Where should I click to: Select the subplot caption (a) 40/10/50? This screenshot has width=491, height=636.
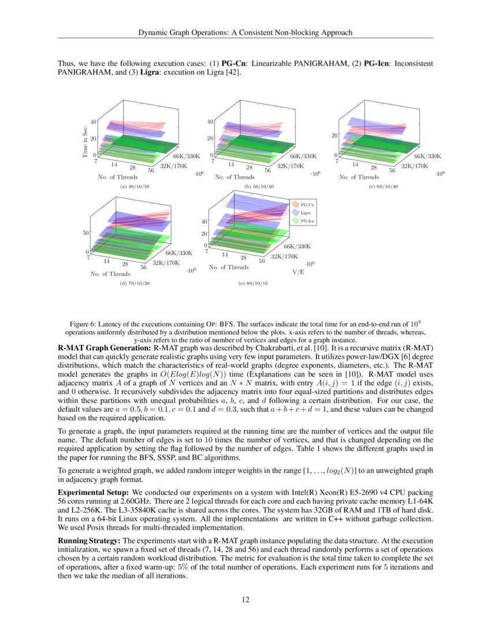coord(135,187)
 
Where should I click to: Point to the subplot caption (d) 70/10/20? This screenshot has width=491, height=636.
coord(135,284)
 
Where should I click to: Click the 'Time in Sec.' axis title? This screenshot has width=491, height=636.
coord(85,139)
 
